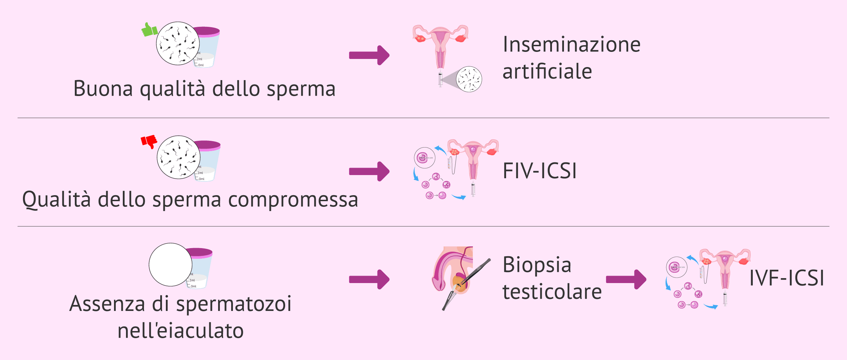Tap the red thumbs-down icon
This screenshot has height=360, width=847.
pyautogui.click(x=149, y=142)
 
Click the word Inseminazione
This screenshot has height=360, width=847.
pyautogui.click(x=572, y=44)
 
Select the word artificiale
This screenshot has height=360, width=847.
pyautogui.click(x=547, y=71)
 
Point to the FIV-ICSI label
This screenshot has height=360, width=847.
pyautogui.click(x=540, y=171)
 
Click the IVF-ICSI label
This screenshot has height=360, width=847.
pyautogui.click(x=787, y=278)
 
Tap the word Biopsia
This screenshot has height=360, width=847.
pyautogui.click(x=537, y=265)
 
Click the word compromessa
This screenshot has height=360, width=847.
pyautogui.click(x=293, y=200)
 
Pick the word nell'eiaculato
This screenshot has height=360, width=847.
pyautogui.click(x=180, y=331)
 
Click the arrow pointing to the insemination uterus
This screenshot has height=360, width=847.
pyautogui.click(x=369, y=55)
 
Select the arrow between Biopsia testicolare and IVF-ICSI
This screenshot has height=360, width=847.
pyautogui.click(x=626, y=280)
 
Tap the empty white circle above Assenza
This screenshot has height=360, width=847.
pyautogui.click(x=170, y=265)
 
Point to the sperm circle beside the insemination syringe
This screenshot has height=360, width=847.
pyautogui.click(x=469, y=79)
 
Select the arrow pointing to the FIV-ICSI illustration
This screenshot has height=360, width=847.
pyautogui.click(x=369, y=172)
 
